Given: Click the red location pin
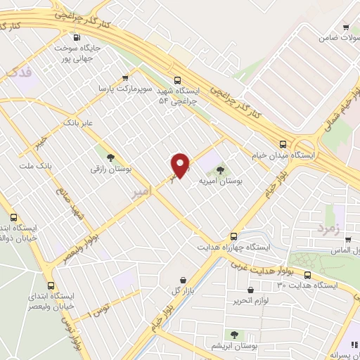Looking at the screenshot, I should [181, 164].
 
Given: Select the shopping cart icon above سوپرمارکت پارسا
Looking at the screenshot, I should [125, 78].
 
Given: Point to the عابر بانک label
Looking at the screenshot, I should [78, 122].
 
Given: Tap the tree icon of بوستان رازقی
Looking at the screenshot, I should [110, 157].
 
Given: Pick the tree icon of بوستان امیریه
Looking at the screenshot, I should [221, 169].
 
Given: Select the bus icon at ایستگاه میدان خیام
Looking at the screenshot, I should [282, 141].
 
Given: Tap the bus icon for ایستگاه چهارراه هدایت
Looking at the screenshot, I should [233, 236].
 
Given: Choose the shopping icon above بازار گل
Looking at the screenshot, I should [184, 281].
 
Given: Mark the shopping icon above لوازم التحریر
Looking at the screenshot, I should [251, 290].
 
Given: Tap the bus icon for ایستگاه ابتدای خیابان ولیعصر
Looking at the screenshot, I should [50, 285].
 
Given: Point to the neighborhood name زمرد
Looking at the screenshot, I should [328, 228].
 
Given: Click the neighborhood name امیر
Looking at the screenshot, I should [131, 195].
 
